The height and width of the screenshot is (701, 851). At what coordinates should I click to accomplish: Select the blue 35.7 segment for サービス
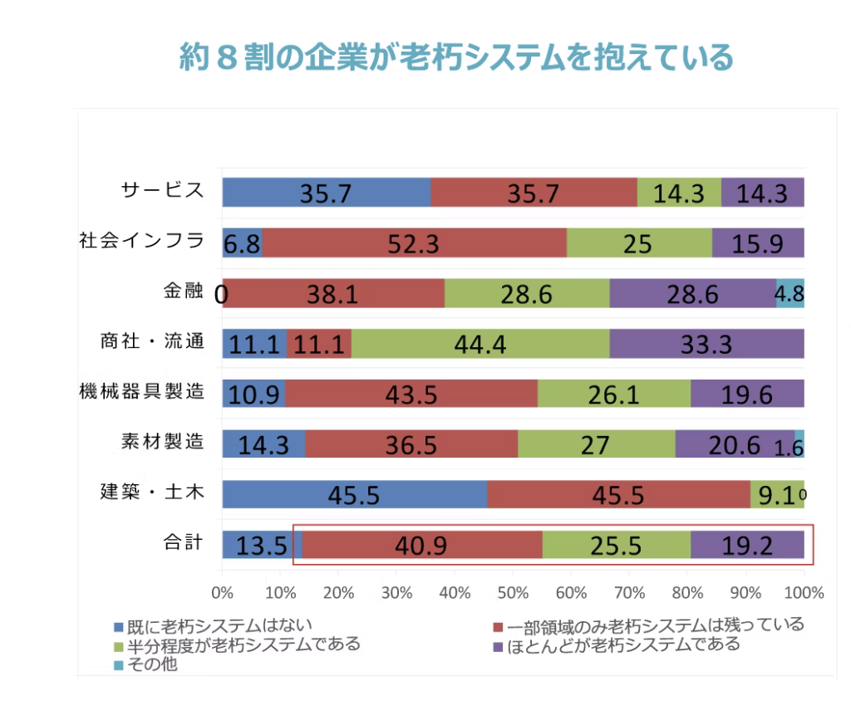pyautogui.click(x=326, y=192)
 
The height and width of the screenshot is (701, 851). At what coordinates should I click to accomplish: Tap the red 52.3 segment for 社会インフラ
pyautogui.click(x=415, y=243)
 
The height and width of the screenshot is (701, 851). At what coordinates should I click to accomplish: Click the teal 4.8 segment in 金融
pyautogui.click(x=790, y=293)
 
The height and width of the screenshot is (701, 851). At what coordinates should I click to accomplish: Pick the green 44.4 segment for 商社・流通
pyautogui.click(x=480, y=344)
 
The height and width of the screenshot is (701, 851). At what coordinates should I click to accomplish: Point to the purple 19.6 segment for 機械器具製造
pyautogui.click(x=747, y=394)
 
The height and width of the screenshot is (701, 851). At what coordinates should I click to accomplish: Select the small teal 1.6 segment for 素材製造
pyautogui.click(x=799, y=444)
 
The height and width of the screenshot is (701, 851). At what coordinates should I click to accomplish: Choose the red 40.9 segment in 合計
pyautogui.click(x=422, y=546)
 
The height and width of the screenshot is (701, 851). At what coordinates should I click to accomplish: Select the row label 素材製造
pyautogui.click(x=162, y=442)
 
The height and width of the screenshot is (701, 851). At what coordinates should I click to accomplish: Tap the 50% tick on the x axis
pyautogui.click(x=513, y=593)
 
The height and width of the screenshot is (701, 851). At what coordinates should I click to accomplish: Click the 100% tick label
pyautogui.click(x=804, y=593)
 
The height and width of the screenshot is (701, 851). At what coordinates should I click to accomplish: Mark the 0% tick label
pyautogui.click(x=222, y=593)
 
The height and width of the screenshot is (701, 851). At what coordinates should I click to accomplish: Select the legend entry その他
pyautogui.click(x=150, y=664)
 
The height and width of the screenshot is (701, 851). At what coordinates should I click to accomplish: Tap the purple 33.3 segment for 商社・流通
pyautogui.click(x=706, y=344)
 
